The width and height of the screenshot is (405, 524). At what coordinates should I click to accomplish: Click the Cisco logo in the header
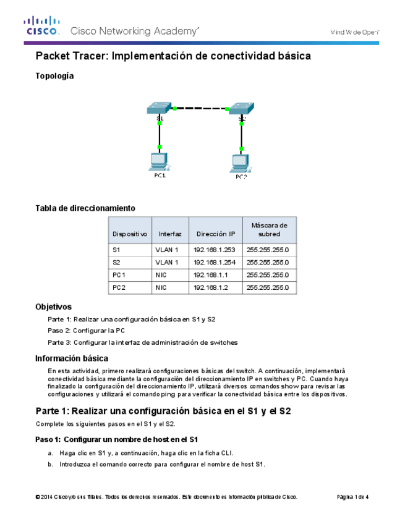coord(41,27)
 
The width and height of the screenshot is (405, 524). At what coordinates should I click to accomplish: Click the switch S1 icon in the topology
coord(160,108)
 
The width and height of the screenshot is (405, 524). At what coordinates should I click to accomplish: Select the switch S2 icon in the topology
coord(241,108)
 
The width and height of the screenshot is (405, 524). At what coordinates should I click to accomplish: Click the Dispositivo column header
coord(130,234)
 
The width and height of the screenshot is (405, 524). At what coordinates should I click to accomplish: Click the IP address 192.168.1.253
coord(215,250)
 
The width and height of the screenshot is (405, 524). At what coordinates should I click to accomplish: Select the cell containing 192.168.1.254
coord(215,263)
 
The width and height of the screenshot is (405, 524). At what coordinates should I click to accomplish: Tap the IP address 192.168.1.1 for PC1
coord(211,275)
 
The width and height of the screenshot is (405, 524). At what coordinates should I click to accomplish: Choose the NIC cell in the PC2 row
coord(161,287)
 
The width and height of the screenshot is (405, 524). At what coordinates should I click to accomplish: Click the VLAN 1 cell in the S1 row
coord(167,250)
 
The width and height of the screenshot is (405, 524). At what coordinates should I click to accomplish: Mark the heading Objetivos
coord(53,306)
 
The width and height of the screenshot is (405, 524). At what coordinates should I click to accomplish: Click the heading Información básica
coord(72,358)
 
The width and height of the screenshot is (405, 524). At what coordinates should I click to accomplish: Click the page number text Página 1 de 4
coord(352,497)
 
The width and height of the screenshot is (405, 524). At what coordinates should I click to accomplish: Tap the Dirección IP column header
coord(215,234)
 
